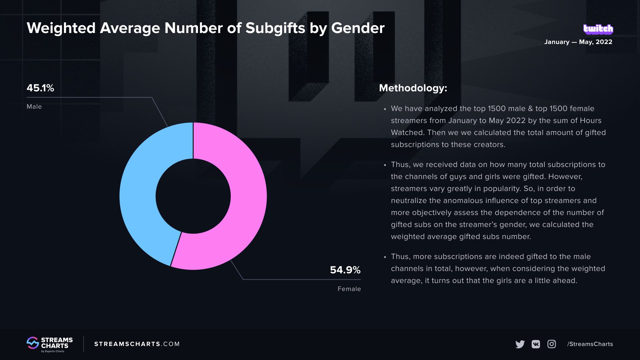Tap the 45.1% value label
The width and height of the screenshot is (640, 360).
coord(40,88)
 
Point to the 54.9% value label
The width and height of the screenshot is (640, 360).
coord(345,270)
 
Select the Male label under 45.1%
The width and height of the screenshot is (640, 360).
coord(34,107)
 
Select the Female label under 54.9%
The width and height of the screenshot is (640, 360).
coord(349,289)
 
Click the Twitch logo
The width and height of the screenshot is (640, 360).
coord(598,29)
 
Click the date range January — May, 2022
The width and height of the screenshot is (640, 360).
coord(578,42)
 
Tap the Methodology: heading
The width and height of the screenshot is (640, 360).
coord(413,88)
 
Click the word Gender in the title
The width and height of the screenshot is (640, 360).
coord(358,28)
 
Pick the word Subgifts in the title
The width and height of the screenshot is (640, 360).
coord(275,28)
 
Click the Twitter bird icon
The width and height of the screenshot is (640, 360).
coord(520,344)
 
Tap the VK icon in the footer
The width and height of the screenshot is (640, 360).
coord(536,344)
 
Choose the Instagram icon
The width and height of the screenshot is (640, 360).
coord(552,344)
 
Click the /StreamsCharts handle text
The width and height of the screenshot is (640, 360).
coord(590,344)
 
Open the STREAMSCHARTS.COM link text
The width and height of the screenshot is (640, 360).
coord(137,344)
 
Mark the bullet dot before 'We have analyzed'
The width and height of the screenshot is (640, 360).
coord(385,109)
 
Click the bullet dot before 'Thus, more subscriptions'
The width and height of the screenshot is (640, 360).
coord(385,257)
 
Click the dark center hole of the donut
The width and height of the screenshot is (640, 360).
coord(193,196)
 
